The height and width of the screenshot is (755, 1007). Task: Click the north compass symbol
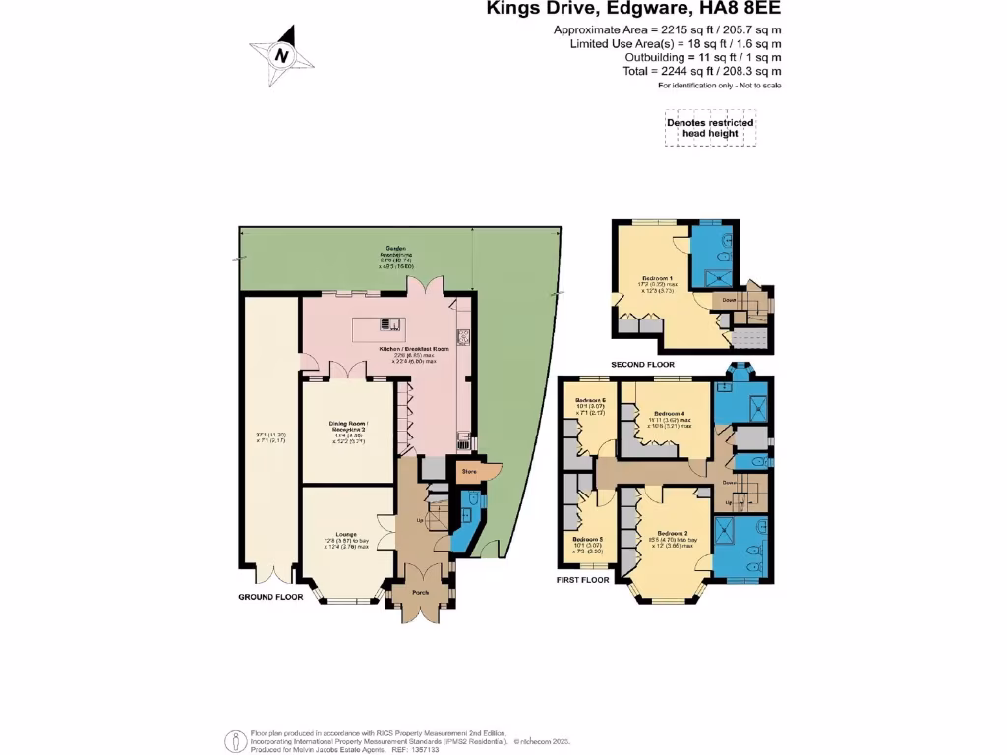coord(281,55)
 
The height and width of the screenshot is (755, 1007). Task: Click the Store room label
coord(470,472)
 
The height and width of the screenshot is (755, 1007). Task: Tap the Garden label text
coord(396,249)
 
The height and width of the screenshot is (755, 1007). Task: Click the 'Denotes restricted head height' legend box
coord(710,128)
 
